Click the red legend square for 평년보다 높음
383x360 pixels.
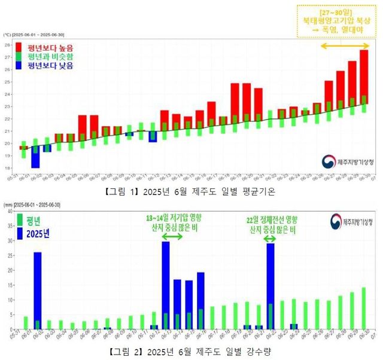(x=20, y=47)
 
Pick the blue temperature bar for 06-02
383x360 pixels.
(x=35, y=159)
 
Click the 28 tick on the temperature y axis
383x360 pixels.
(x=7, y=45)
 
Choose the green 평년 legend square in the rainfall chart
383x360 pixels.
(x=20, y=219)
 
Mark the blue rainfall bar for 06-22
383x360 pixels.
(x=270, y=286)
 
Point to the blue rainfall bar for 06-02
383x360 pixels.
(x=37, y=290)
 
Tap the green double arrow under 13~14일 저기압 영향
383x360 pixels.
(x=172, y=237)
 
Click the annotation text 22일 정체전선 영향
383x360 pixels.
(x=272, y=220)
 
